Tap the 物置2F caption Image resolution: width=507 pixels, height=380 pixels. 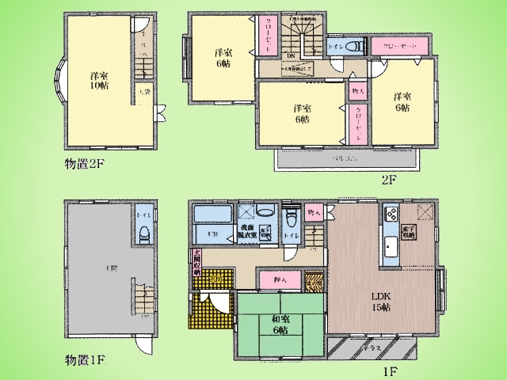[87, 165]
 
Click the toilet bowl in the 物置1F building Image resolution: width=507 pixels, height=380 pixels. [143, 232]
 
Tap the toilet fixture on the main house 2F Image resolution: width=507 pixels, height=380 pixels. [356, 47]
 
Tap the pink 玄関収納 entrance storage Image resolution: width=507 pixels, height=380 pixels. [193, 261]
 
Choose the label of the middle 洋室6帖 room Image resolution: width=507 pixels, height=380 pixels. [300, 114]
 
